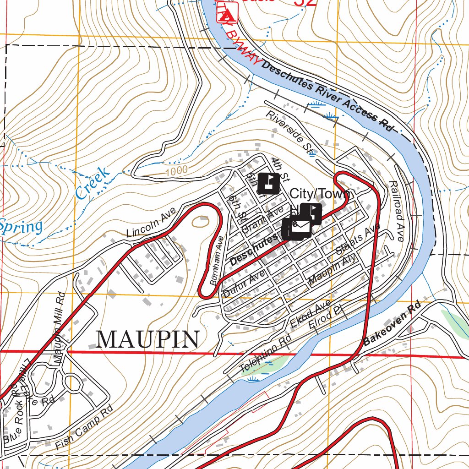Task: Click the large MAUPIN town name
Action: [148, 339]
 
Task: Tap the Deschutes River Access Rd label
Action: [328, 96]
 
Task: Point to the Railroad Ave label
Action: [396, 211]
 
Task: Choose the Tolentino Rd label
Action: [266, 353]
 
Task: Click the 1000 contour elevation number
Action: [177, 170]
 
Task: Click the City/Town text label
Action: [322, 194]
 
